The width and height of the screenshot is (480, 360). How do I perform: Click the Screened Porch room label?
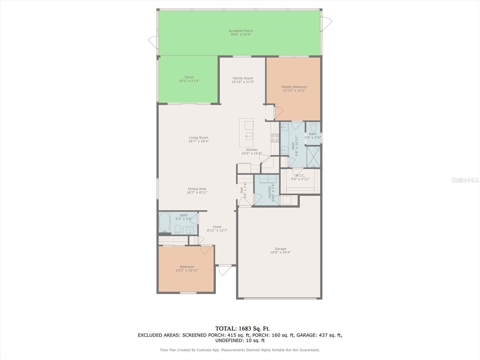[x=241, y=31]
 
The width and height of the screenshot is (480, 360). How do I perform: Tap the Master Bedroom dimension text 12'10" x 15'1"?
[x=294, y=90]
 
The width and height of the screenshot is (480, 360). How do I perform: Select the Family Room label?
[x=243, y=78]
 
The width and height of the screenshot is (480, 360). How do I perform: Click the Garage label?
[x=280, y=249]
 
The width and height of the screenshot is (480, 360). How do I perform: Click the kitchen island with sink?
[x=246, y=133]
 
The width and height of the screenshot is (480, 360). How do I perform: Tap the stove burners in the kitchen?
[x=275, y=138]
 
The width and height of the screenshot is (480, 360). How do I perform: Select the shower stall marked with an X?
[x=313, y=157]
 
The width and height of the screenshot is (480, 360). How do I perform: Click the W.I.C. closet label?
[x=300, y=175]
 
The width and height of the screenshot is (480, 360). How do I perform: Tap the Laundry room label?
[x=269, y=192]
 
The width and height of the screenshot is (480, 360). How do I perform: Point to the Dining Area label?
[x=197, y=189]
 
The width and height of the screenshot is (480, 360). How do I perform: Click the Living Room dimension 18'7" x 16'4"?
[x=198, y=141]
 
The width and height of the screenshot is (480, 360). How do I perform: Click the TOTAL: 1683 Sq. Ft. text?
[x=240, y=328]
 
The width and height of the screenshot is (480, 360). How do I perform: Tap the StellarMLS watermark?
[x=465, y=180]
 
